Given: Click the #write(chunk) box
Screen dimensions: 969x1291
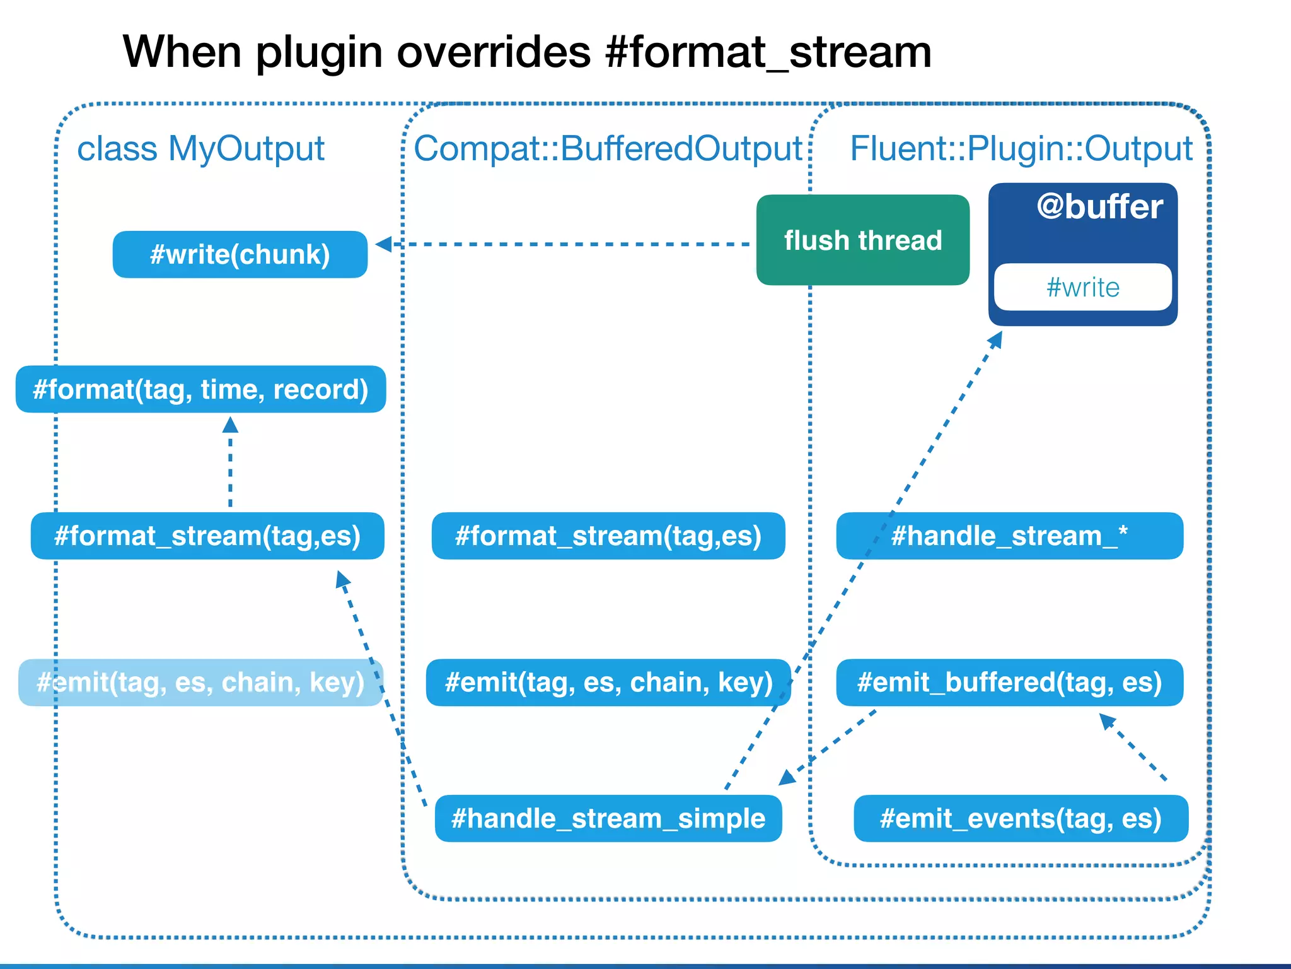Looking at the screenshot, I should point(240,254).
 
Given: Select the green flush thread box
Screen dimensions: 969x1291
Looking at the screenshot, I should point(862,240).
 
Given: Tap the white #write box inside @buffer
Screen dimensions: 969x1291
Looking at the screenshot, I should point(1082,287).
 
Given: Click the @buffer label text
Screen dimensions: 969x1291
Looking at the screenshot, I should point(1099,207).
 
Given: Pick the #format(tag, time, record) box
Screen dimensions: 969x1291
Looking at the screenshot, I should point(200,389).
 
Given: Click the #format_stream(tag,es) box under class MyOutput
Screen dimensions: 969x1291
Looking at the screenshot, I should point(207,536).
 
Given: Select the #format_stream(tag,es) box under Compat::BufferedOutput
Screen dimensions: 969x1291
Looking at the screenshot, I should point(608,536).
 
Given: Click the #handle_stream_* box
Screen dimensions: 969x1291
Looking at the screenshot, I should point(1009,536).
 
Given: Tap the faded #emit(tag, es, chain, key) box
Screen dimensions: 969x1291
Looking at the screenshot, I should point(200,683).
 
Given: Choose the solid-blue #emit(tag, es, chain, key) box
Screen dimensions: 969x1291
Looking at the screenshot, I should point(608,683).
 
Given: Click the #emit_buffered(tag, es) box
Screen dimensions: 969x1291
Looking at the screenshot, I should point(1009,683).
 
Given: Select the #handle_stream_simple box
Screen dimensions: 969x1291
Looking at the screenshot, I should point(608,818).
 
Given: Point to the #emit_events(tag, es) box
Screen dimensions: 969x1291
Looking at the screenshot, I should point(1021,818).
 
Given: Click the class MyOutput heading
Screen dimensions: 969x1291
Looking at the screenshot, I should point(200,149).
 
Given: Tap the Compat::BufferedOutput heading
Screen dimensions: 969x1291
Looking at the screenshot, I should point(608,149).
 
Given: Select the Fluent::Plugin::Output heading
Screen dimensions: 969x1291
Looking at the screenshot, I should point(1021,149).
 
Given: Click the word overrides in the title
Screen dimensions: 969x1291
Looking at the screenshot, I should point(494,52).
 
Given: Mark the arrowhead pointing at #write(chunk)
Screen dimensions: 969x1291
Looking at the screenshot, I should point(384,244).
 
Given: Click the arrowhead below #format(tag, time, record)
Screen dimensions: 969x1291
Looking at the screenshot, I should point(230,425).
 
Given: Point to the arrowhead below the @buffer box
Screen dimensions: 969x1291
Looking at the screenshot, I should point(995,339).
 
